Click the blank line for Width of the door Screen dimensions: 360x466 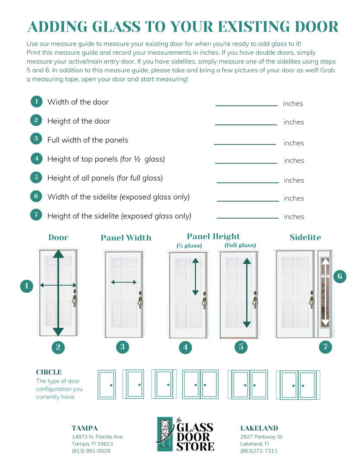246,106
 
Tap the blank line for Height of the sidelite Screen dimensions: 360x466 247,218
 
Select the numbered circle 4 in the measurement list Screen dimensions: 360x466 36,158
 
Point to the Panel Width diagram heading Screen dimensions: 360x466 126,238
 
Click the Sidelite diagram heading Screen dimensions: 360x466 305,237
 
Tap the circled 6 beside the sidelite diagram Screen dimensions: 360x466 340,276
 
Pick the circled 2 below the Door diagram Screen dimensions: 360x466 58,347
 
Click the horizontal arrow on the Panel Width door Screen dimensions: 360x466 124,282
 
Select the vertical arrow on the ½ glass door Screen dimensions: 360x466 195,277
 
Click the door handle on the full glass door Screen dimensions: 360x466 255,300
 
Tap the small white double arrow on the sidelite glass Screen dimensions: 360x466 325,276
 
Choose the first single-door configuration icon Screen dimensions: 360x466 107,384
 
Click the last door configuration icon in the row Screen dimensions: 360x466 298,385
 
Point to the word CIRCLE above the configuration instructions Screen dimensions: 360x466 49,372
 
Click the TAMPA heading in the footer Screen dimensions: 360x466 85,428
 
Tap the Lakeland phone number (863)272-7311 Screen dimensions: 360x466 259,451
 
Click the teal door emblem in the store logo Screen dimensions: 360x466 165,434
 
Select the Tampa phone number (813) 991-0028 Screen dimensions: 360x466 91,451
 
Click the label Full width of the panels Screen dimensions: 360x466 88,140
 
